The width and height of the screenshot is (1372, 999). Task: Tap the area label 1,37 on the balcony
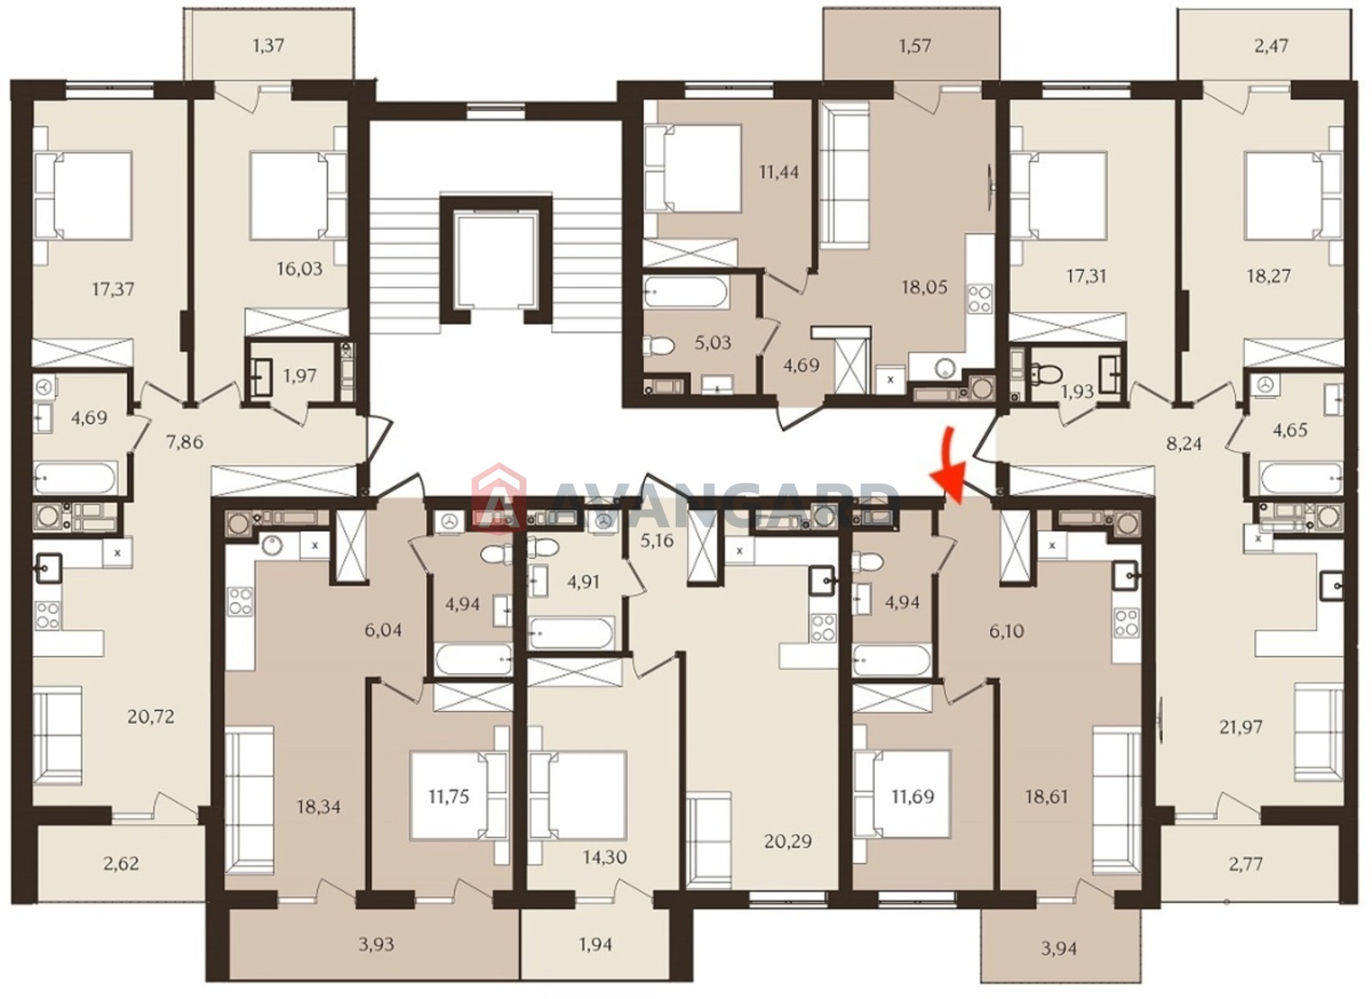[x=268, y=45]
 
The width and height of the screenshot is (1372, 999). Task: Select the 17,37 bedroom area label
[x=113, y=288]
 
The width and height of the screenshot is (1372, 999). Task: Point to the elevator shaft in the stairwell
[x=496, y=260]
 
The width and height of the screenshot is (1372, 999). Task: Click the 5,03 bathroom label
[x=713, y=342]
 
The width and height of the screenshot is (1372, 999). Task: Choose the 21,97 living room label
[x=1240, y=727]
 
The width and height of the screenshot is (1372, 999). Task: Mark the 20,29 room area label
[x=788, y=841]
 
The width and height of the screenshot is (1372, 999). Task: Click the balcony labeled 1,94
[x=595, y=944]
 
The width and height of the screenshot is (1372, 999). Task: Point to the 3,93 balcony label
[x=376, y=944]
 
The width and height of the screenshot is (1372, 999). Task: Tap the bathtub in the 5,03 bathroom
[x=685, y=292]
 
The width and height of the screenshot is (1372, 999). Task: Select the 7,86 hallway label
[x=184, y=442]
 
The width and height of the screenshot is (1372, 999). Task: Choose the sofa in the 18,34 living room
[x=250, y=800]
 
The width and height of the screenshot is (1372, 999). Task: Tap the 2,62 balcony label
[x=121, y=863]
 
